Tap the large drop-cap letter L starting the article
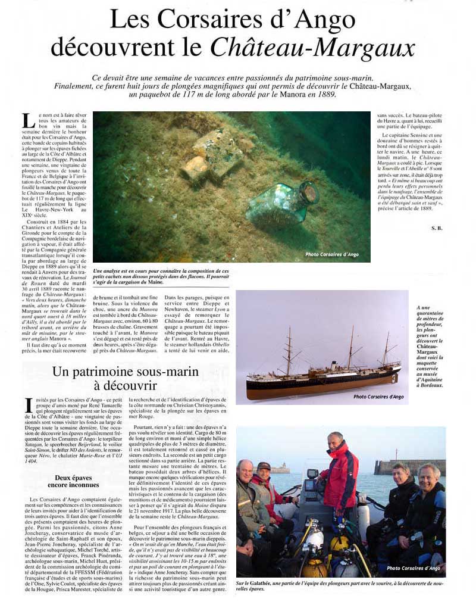pyautogui.click(x=27, y=121)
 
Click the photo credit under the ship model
pyautogui.click(x=378, y=397)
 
